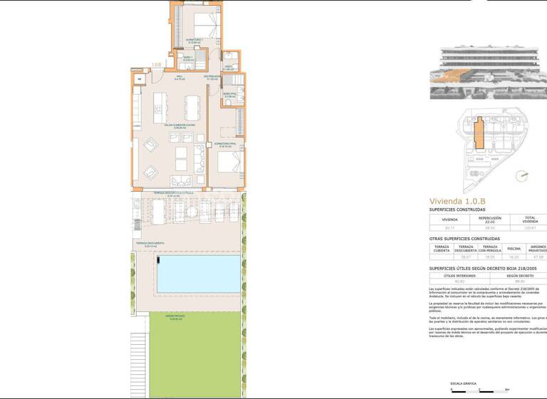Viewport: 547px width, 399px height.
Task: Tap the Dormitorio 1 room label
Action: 194,40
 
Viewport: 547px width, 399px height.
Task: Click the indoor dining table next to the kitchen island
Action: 192,108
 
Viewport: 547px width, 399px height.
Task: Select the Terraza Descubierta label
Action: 150,243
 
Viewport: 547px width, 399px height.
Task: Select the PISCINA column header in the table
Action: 514,249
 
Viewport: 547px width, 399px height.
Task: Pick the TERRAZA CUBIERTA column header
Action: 441,249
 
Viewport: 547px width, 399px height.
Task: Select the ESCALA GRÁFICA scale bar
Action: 479,390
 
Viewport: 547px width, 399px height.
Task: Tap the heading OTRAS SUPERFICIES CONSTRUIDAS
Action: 464,238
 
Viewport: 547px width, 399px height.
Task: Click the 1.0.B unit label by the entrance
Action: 156,65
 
